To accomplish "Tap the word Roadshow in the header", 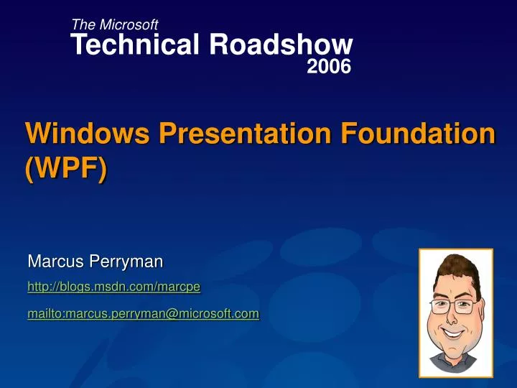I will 281,45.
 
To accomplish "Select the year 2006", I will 329,68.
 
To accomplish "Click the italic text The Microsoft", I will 115,25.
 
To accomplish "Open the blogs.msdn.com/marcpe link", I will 113,287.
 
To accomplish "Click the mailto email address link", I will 143,313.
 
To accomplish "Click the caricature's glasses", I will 455,305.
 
